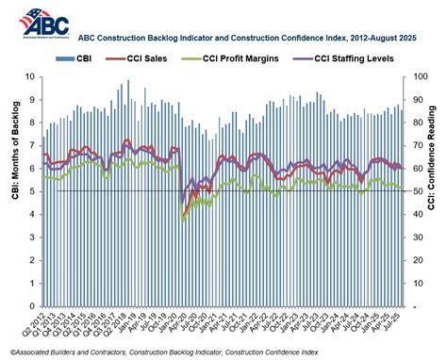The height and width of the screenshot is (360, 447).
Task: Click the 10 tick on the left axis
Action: (x=32, y=77)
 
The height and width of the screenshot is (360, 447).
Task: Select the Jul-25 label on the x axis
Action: (x=397, y=323)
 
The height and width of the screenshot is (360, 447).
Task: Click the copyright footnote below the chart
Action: (x=179, y=352)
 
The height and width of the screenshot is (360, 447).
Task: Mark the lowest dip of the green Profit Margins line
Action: (x=183, y=220)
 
